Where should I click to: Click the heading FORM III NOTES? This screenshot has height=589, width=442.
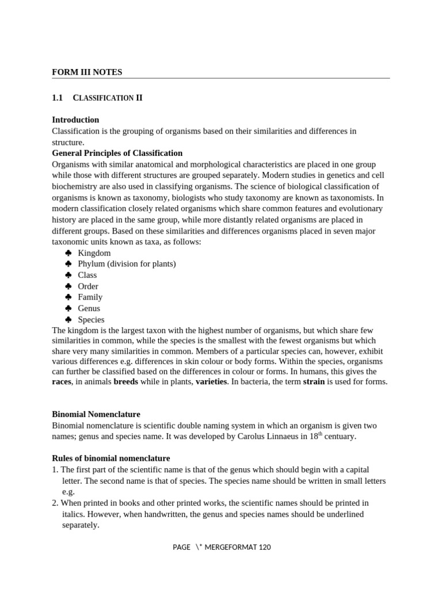pyautogui.click(x=87, y=72)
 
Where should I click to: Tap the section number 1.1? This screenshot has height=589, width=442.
pyautogui.click(x=57, y=98)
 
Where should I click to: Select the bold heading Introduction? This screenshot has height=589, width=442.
pyautogui.click(x=75, y=120)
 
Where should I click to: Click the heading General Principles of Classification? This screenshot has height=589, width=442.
pyautogui.click(x=117, y=153)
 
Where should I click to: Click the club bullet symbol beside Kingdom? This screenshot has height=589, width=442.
pyautogui.click(x=68, y=253)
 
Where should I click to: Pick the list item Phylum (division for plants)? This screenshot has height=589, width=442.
pyautogui.click(x=127, y=264)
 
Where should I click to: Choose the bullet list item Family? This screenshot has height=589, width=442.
pyautogui.click(x=90, y=297)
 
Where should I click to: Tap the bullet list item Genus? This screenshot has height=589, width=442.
pyautogui.click(x=89, y=308)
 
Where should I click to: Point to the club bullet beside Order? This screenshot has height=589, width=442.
pyautogui.click(x=68, y=286)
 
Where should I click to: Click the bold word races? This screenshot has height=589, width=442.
pyautogui.click(x=62, y=381)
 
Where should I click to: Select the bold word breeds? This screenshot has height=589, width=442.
pyautogui.click(x=125, y=381)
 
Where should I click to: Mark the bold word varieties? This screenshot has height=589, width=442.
pyautogui.click(x=211, y=381)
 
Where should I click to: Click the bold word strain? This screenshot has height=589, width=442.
pyautogui.click(x=314, y=381)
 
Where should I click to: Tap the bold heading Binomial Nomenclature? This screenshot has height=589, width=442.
pyautogui.click(x=96, y=414)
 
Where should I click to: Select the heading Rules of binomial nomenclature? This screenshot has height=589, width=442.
pyautogui.click(x=111, y=458)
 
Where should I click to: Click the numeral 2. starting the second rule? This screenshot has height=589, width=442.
pyautogui.click(x=55, y=503)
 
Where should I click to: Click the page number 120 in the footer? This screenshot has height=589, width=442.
pyautogui.click(x=264, y=548)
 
